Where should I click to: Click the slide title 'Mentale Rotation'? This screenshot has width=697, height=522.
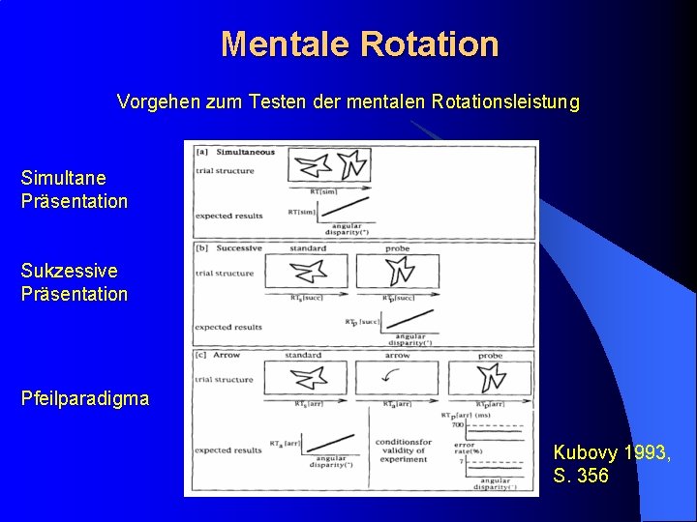click(359, 44)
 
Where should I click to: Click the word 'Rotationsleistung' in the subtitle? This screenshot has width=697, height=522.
click(510, 101)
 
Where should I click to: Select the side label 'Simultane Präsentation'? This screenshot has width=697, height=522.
click(74, 189)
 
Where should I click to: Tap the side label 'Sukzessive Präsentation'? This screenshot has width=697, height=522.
click(74, 282)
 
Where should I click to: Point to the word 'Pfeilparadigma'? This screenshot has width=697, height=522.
click(85, 398)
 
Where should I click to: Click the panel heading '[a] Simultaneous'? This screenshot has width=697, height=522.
click(235, 152)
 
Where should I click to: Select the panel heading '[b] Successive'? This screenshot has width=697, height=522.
click(229, 247)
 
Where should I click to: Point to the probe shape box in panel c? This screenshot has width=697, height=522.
click(490, 378)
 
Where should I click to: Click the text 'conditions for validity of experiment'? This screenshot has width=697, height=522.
click(403, 450)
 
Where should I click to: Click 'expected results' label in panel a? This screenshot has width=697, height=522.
click(228, 216)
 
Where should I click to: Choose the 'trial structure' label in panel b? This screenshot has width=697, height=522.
click(225, 273)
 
